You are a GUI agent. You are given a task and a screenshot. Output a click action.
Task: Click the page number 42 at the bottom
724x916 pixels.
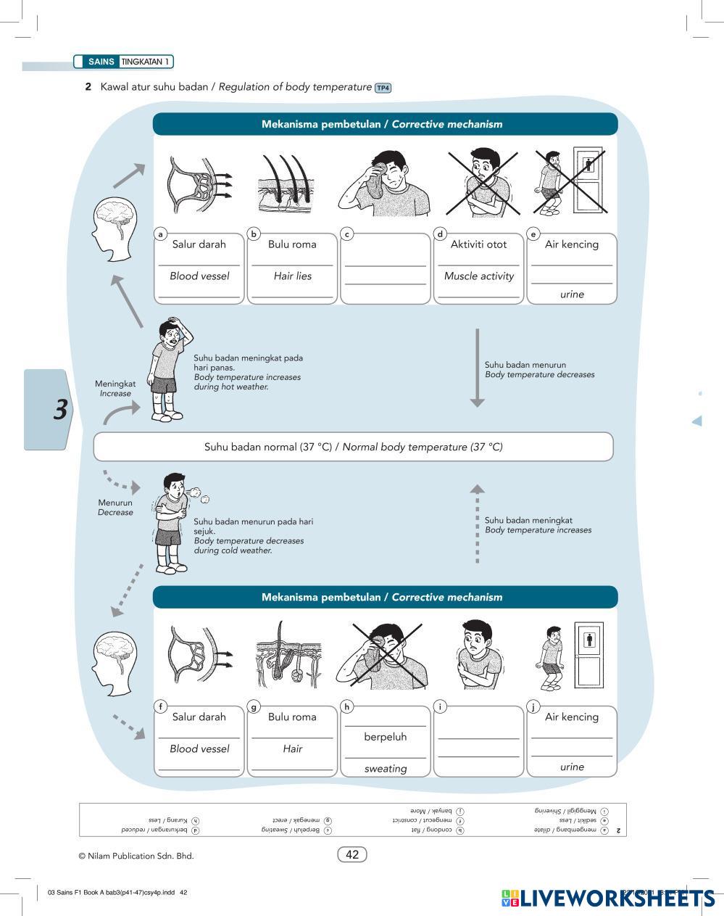[352, 854]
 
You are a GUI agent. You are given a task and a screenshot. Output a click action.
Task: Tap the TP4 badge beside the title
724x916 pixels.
[383, 88]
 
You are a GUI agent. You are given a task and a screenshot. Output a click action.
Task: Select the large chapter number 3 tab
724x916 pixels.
[60, 410]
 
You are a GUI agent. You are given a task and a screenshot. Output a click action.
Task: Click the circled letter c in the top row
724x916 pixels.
[347, 234]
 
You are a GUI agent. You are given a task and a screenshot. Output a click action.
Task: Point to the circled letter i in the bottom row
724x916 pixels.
[440, 706]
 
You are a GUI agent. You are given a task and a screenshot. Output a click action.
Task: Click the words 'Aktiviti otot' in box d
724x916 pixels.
[478, 244]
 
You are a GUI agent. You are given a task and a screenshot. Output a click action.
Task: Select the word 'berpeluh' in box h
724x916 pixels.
[385, 737]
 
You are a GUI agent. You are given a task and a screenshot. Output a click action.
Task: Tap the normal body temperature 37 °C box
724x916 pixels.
[353, 447]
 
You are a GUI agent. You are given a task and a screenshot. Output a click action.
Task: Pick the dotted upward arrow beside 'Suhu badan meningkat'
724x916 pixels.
[477, 523]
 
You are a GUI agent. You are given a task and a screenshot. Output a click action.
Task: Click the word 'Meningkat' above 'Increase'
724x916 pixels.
[115, 384]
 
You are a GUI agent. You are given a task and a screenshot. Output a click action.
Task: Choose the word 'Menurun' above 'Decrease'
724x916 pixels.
[115, 503]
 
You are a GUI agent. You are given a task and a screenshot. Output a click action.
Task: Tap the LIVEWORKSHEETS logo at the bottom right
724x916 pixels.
[609, 899]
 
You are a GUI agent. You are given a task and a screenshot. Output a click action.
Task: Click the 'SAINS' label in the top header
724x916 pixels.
[101, 62]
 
